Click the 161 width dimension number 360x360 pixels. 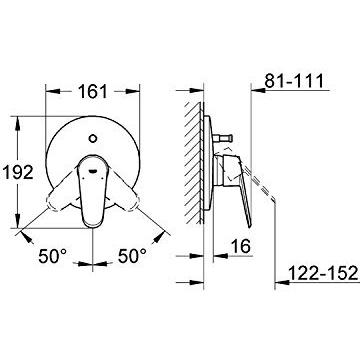[x=93, y=91]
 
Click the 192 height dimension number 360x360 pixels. [x=18, y=172]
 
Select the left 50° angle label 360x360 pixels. [x=53, y=256]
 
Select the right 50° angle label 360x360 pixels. [x=132, y=256]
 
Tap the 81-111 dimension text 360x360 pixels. [x=294, y=81]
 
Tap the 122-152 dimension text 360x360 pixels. [x=323, y=273]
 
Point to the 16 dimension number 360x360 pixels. [x=241, y=246]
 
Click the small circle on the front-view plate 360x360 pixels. [x=93, y=138]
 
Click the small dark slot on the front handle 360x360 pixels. [x=93, y=171]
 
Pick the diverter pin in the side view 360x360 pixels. [x=223, y=137]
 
